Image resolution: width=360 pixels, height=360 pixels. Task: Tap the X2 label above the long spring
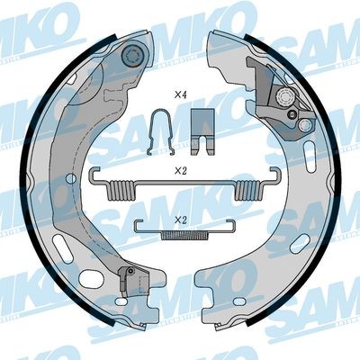(180, 167)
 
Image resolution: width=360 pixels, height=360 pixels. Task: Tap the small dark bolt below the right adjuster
(292, 117)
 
